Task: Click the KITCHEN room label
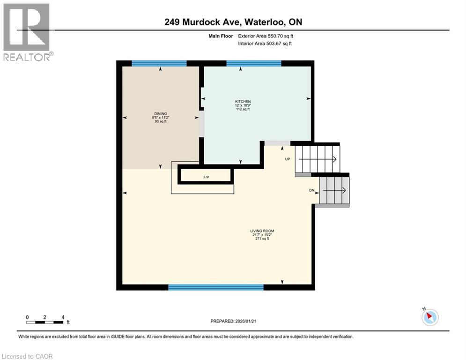pos(243,102)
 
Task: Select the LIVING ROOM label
pos(262,231)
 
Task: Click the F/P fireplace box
pos(206,177)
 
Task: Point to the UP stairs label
pos(288,159)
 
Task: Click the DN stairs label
pos(311,190)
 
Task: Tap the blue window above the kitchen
pos(253,63)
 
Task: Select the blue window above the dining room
pos(159,63)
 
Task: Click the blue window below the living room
pos(216,287)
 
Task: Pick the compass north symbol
pos(429,317)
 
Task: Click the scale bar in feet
pos(45,322)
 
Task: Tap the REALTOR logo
pos(27,31)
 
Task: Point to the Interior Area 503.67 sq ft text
pos(265,44)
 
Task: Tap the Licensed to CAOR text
pos(27,356)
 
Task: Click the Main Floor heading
pos(221,36)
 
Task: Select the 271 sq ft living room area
pos(262,239)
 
